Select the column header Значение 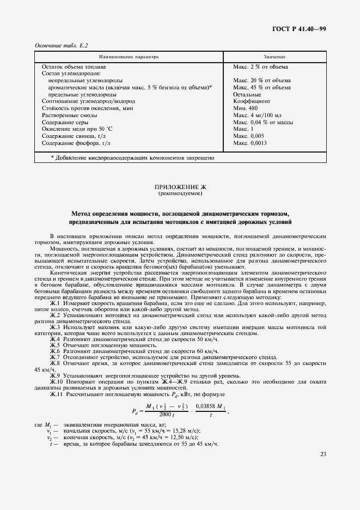(x=275, y=57)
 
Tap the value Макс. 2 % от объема (x=260, y=66)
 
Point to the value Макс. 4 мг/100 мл (x=257, y=116)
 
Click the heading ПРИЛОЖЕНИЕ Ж (x=180, y=187)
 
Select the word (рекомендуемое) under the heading (x=180, y=193)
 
